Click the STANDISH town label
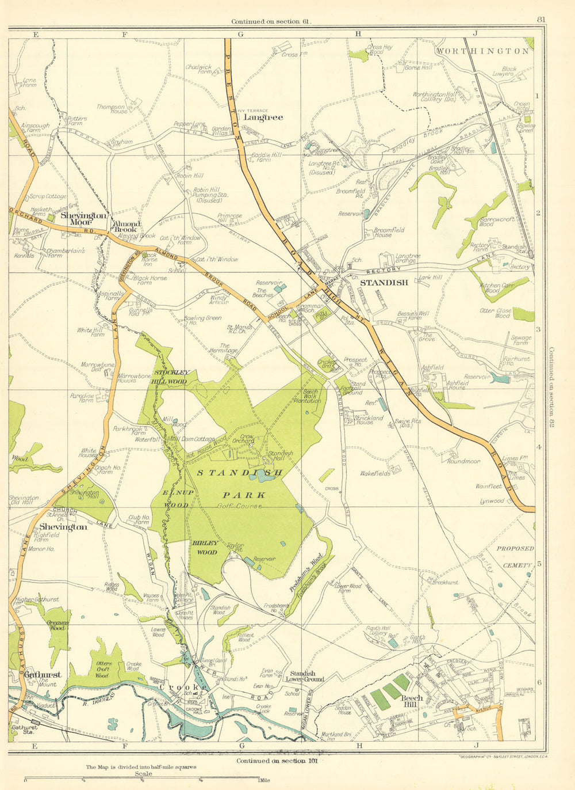384,282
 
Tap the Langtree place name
263,117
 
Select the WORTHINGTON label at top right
482,51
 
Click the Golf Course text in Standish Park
240,506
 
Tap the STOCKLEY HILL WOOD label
170,377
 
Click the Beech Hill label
412,701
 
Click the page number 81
540,20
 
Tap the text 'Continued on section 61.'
271,22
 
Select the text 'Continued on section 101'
277,761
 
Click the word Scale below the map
143,774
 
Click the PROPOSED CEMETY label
515,557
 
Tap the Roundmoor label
463,461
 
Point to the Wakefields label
375,473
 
